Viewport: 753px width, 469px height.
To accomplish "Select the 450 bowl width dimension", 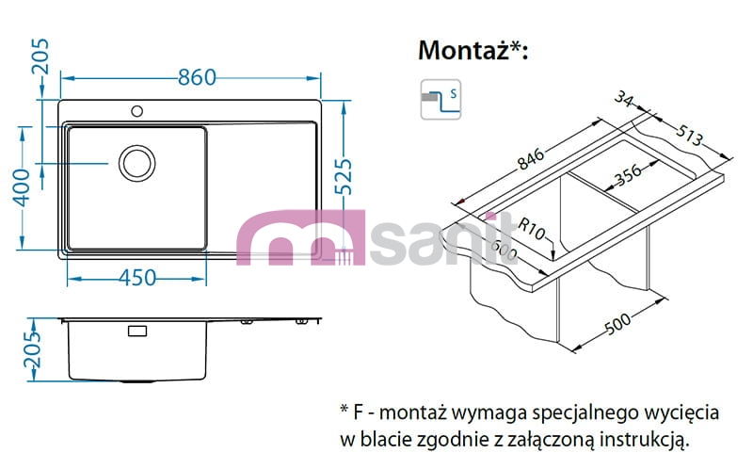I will click(136, 278).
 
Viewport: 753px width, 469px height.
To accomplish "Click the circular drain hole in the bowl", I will click(137, 163).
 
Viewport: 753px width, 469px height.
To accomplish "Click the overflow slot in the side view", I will click(137, 332).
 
